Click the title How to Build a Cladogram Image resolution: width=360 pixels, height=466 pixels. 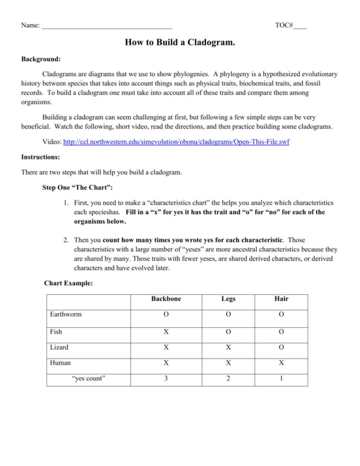[180, 43]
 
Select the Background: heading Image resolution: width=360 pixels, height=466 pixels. [41, 60]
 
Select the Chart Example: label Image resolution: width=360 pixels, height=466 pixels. [68, 283]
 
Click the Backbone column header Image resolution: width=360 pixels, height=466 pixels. [166, 298]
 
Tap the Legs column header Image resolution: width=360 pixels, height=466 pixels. [229, 298]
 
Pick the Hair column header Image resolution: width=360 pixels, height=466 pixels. [281, 298]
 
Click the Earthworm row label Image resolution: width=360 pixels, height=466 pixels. [66, 314]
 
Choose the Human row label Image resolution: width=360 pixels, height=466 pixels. [60, 363]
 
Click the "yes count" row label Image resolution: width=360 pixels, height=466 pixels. [88, 378]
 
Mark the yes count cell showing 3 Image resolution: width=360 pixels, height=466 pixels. [166, 378]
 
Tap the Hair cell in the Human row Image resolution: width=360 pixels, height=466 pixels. [281, 363]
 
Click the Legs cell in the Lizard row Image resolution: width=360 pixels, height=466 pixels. [229, 347]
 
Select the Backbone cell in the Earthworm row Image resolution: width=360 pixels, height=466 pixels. [166, 314]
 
